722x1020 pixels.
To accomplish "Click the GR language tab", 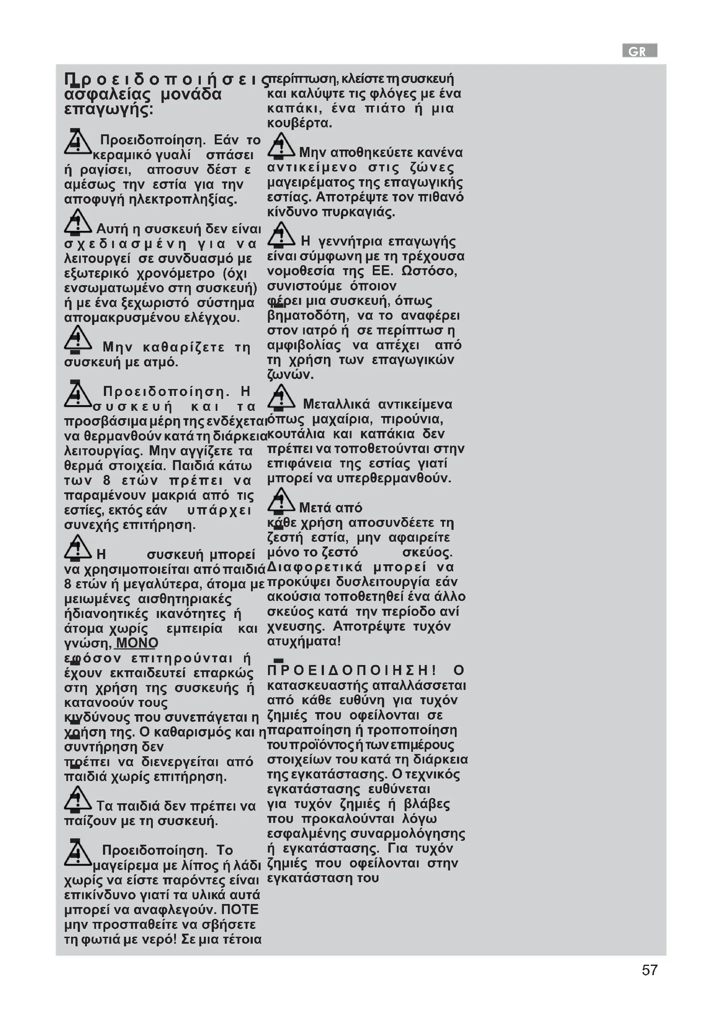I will [x=639, y=51].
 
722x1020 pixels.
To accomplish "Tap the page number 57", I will [x=650, y=970].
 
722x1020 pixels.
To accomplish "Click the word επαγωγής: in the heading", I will [x=109, y=109].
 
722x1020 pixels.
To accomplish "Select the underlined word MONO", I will [x=137, y=643].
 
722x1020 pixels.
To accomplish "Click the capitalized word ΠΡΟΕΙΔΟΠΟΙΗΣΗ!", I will [x=352, y=670].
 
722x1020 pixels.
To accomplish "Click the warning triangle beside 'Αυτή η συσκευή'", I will [x=78, y=222].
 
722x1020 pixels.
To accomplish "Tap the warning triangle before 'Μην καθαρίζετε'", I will [x=78, y=339].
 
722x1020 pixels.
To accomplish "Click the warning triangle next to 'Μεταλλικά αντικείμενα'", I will [x=281, y=397].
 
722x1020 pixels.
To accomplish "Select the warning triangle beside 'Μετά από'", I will [x=281, y=500].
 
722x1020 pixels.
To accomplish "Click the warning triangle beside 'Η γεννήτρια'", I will [x=281, y=234].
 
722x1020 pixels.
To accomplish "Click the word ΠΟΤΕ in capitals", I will [x=240, y=909].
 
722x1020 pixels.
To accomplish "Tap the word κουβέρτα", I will [x=299, y=123].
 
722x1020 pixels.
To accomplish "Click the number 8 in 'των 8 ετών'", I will [x=107, y=480].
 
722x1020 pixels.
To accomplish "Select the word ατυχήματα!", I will [x=304, y=641].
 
